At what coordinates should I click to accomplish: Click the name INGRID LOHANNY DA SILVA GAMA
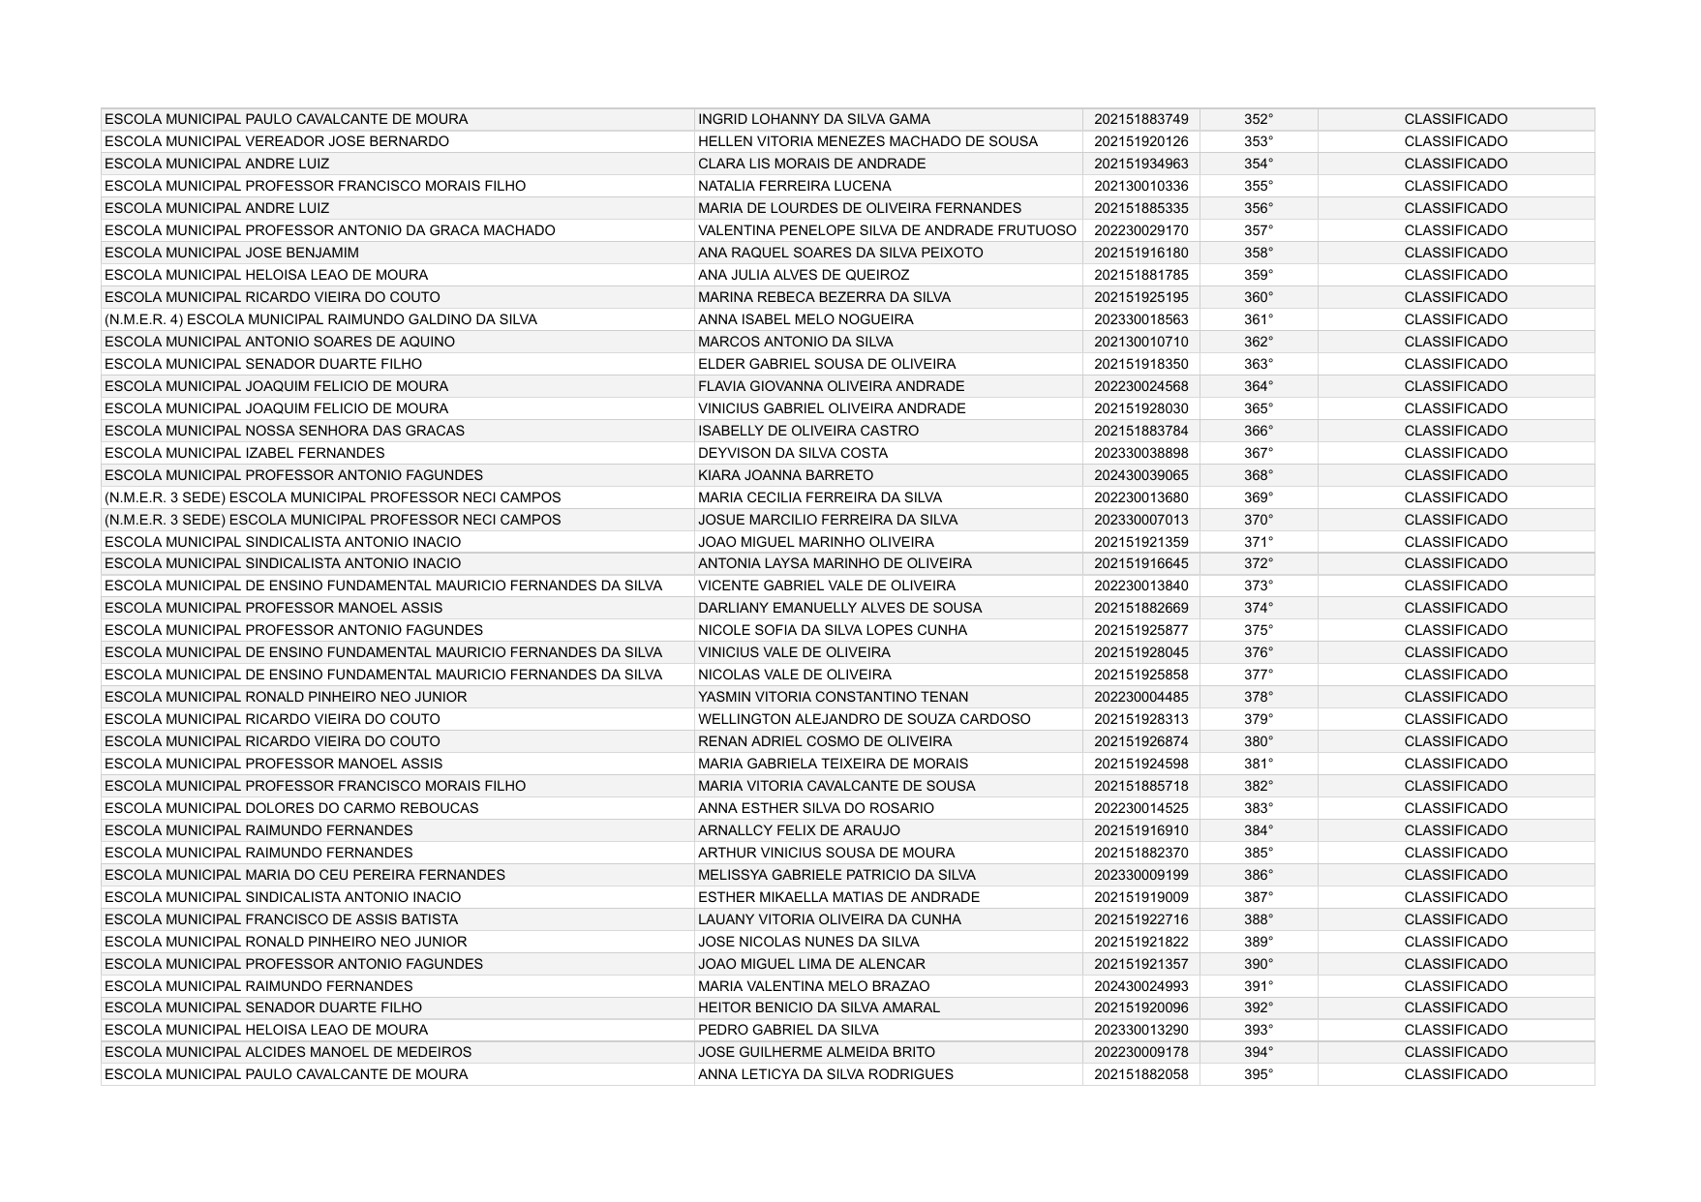(x=813, y=119)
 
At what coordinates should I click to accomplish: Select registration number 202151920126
(x=1140, y=141)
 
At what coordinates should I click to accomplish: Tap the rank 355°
(x=1258, y=186)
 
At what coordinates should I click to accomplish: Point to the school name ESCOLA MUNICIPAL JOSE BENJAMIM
(x=231, y=253)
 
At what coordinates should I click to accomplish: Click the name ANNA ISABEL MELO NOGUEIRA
(x=805, y=319)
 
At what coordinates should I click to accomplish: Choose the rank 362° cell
(x=1258, y=342)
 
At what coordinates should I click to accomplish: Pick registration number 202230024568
(x=1140, y=386)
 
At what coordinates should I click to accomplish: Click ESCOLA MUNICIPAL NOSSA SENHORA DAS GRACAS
(x=284, y=431)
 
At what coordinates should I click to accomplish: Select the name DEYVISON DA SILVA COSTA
(x=792, y=453)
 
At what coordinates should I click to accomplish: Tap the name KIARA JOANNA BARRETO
(x=785, y=475)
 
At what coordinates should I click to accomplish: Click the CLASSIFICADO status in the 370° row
(x=1455, y=520)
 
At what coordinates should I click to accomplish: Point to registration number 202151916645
(x=1140, y=563)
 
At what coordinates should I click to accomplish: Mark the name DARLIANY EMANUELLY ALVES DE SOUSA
(x=839, y=608)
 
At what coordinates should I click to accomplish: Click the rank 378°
(x=1258, y=697)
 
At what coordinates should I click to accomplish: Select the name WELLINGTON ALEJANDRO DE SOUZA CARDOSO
(x=864, y=719)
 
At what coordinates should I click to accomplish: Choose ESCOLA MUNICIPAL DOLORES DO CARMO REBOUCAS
(x=291, y=808)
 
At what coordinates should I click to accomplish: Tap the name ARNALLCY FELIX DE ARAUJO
(x=799, y=830)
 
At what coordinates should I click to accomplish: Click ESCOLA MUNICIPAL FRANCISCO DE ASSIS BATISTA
(x=281, y=919)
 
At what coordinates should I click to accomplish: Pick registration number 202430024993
(x=1140, y=986)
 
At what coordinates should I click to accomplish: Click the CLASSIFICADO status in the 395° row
(x=1455, y=1074)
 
